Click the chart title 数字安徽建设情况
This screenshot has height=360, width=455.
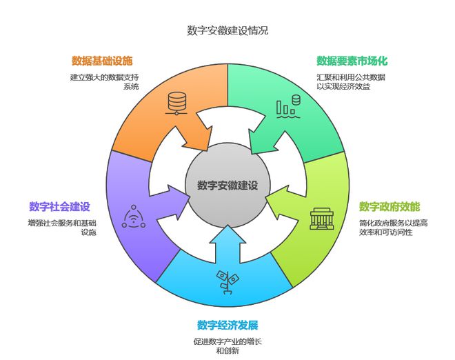pos(228,30)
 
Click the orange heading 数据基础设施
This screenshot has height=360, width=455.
pos(102,61)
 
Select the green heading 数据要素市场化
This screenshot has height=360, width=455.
pos(352,61)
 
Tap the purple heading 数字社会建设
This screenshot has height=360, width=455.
pos(59,207)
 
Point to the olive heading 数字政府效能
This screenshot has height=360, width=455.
pos(390,207)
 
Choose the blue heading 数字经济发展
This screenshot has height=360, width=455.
pos(228,325)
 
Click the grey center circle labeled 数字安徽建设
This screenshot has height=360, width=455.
pos(228,185)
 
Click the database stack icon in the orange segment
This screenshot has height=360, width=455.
pos(176,103)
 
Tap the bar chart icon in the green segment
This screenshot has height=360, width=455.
pos(288,106)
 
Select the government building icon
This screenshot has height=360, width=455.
pos(322,219)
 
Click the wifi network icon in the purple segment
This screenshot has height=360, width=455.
pos(134,217)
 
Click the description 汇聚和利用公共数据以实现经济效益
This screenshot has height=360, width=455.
pos(350,81)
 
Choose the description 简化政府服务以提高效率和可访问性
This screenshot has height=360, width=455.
pos(393,228)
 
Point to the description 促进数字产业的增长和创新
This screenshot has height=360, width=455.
pos(228,346)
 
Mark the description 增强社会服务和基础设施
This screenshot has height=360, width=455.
pos(62,228)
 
